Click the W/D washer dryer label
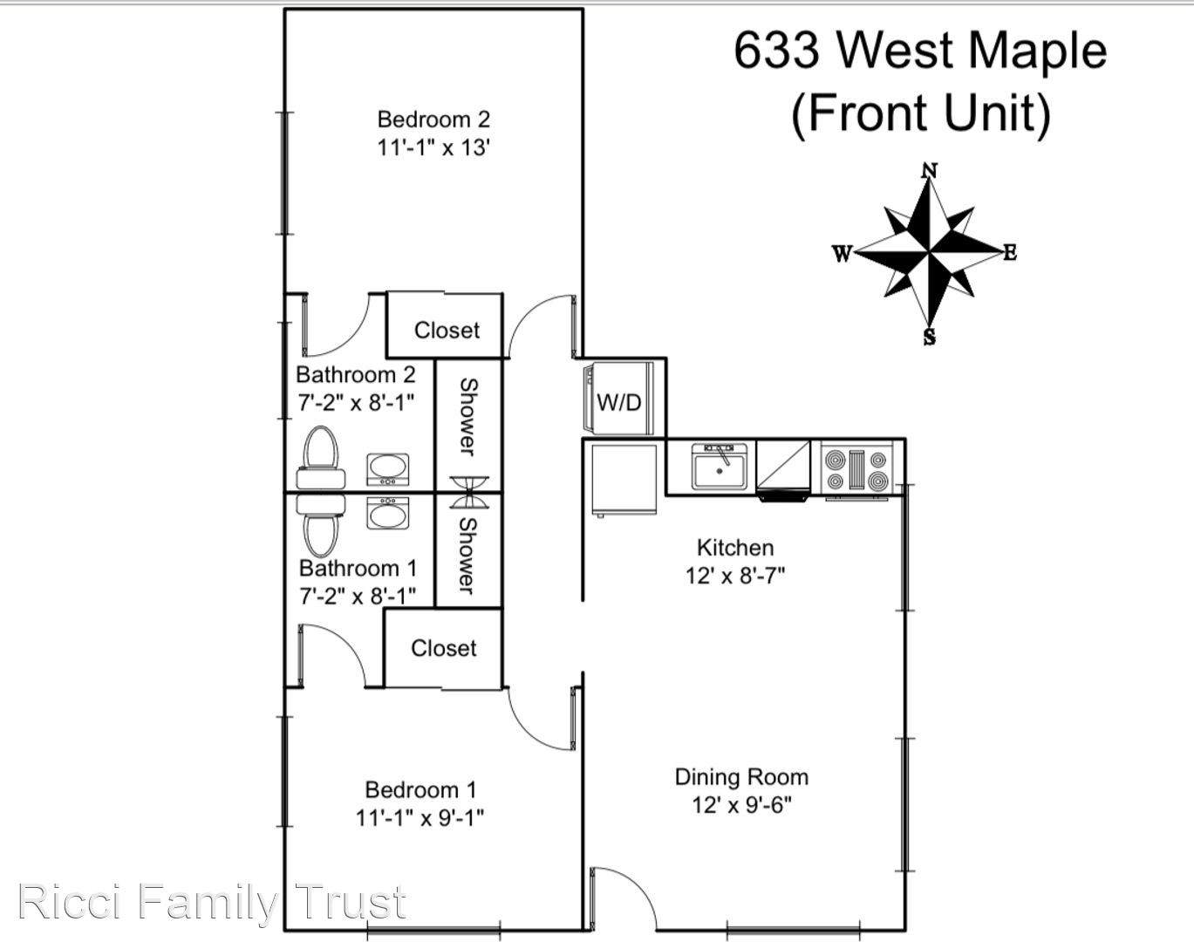619,402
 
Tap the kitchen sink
720,467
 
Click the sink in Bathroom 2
388,469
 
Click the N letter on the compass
930,170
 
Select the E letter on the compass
1010,253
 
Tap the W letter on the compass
842,254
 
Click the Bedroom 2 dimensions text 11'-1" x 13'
433,148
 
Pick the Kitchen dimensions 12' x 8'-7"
735,576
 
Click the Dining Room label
742,776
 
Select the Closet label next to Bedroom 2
447,331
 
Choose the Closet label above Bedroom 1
444,648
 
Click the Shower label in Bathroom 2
469,417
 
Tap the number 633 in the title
777,51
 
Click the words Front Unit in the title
921,113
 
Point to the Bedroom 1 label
420,789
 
